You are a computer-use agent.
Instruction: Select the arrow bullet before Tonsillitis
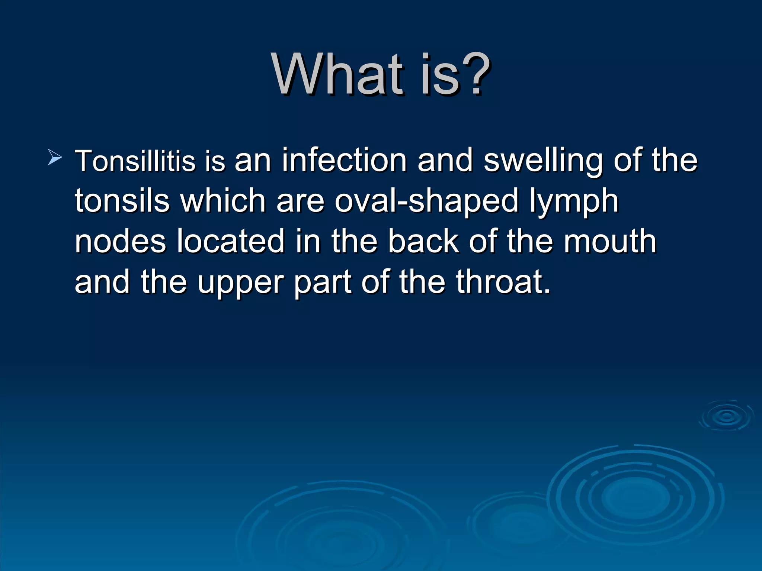(55, 158)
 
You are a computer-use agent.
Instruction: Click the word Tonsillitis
(135, 161)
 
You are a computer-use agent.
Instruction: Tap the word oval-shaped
(426, 201)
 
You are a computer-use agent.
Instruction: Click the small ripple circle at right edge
(726, 416)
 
